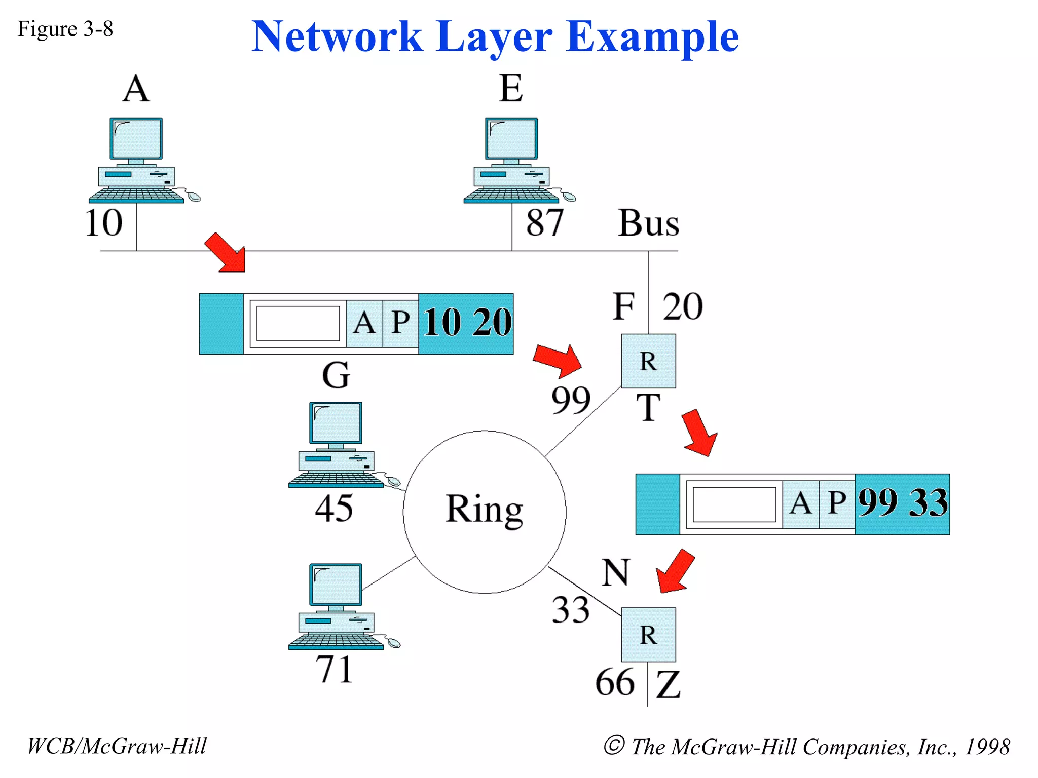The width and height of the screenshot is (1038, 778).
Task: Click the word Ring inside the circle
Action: (x=484, y=510)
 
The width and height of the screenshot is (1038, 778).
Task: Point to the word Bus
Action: (x=648, y=223)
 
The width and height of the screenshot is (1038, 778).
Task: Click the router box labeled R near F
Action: (x=648, y=361)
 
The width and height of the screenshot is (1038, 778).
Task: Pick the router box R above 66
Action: (x=648, y=635)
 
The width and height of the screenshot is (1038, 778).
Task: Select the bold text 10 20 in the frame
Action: (x=467, y=323)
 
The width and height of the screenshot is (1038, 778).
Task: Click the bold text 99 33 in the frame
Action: (x=903, y=503)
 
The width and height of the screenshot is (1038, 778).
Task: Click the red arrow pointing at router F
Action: (x=558, y=361)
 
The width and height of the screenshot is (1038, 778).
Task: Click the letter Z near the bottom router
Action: (x=668, y=685)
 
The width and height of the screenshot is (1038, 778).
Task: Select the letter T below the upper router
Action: (x=648, y=408)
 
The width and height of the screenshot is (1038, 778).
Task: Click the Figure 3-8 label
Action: (x=65, y=29)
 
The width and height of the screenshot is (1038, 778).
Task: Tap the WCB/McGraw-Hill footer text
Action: (x=117, y=746)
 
